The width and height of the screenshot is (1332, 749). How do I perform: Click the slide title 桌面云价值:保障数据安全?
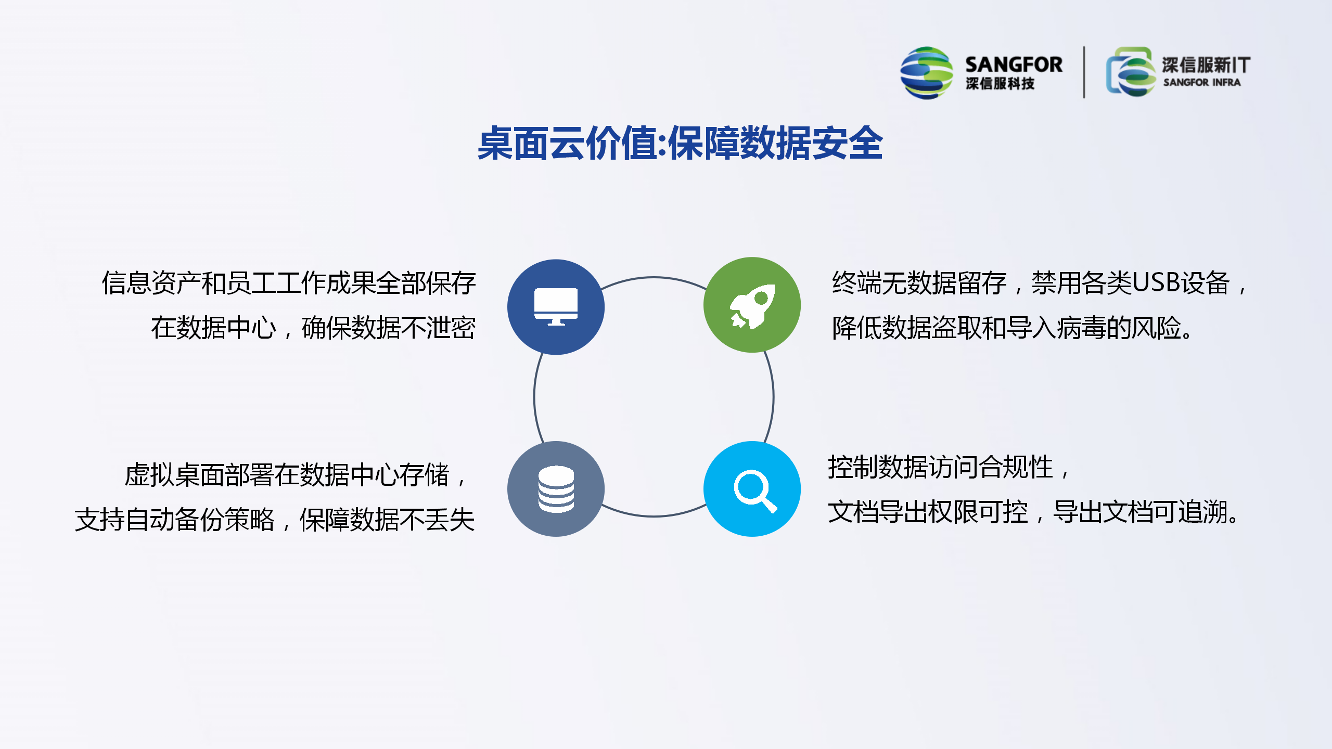680,144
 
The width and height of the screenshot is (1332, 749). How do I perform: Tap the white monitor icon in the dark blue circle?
556,307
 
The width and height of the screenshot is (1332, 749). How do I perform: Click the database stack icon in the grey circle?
556,489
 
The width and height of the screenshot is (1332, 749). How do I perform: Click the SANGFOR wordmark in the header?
1014,64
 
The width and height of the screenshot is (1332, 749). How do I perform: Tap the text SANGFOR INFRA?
1202,82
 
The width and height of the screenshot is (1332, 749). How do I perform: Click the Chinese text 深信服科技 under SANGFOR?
1000,83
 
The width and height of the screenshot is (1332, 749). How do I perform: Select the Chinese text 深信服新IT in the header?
1206,65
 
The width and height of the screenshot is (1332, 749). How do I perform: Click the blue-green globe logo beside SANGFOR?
927,73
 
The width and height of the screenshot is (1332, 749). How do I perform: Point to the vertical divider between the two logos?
1084,72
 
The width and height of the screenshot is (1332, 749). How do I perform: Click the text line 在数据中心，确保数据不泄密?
313,328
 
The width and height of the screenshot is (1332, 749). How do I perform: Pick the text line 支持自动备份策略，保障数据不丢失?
275,519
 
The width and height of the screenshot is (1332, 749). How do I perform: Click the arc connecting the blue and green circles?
654,278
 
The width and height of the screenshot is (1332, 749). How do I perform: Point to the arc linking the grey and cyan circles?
654,516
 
